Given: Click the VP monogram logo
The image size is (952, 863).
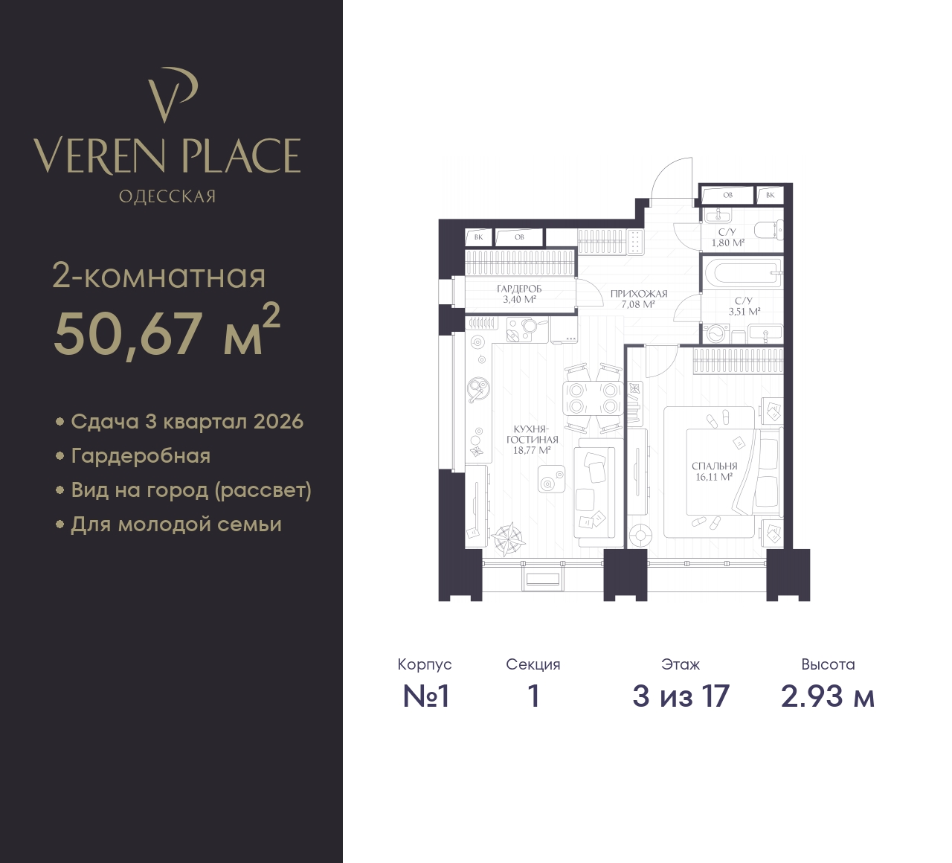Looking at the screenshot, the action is (172, 95).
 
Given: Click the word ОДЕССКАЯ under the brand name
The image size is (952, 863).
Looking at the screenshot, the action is (167, 196).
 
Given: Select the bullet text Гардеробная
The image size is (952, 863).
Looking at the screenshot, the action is (141, 456).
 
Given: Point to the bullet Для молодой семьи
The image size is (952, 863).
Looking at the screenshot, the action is (176, 524).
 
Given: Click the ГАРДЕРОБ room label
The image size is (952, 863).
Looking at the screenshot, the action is (519, 289).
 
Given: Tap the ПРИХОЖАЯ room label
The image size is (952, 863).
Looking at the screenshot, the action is (639, 294).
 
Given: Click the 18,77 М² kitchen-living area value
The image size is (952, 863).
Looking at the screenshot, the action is (532, 450).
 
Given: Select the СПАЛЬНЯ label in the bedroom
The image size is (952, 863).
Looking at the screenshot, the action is (714, 466).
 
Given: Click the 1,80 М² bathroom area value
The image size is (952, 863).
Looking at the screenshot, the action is (727, 243).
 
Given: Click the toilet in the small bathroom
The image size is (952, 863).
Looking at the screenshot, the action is (769, 230).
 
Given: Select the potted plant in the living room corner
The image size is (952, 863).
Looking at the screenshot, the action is (507, 539).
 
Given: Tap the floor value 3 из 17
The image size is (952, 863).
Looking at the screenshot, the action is (681, 696).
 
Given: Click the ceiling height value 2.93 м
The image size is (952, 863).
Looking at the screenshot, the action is (828, 696).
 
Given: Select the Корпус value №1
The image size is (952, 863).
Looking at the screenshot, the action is (425, 696).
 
